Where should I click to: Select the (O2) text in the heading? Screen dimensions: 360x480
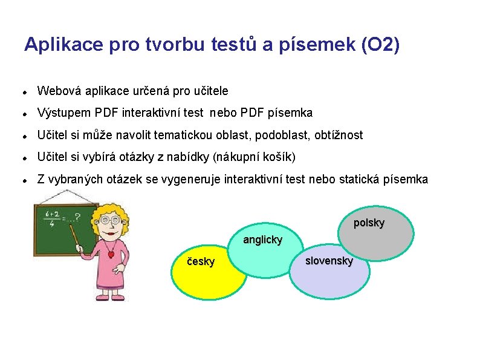click(379, 45)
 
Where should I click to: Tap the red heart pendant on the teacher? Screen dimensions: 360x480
click(111, 255)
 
